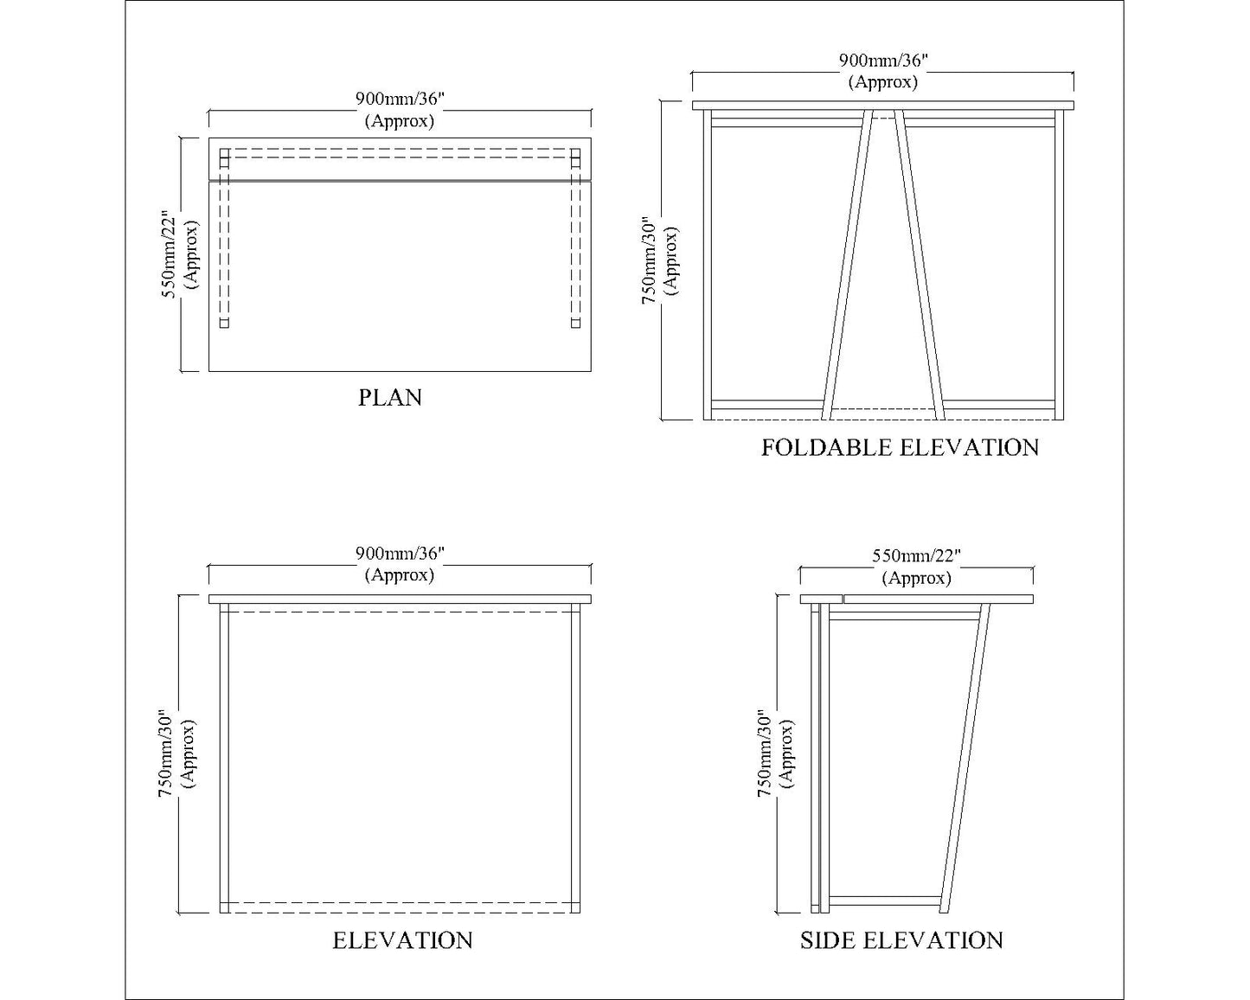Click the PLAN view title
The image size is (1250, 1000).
click(x=390, y=398)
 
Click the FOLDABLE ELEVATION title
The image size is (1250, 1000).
click(x=900, y=447)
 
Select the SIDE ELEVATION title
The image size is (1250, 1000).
click(x=901, y=940)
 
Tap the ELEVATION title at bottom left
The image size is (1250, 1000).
click(x=402, y=940)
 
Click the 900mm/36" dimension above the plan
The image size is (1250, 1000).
click(x=400, y=99)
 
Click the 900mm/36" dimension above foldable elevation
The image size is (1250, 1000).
click(x=882, y=61)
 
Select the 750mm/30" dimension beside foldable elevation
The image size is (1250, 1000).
click(x=649, y=260)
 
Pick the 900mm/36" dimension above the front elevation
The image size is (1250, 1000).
click(x=400, y=553)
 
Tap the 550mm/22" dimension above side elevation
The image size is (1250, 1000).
click(x=916, y=556)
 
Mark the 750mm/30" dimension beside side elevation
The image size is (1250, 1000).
click(x=765, y=753)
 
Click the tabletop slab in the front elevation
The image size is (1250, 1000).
click(x=400, y=599)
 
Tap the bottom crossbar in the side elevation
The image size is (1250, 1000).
click(x=882, y=901)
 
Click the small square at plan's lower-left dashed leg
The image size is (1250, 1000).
click(x=224, y=324)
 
